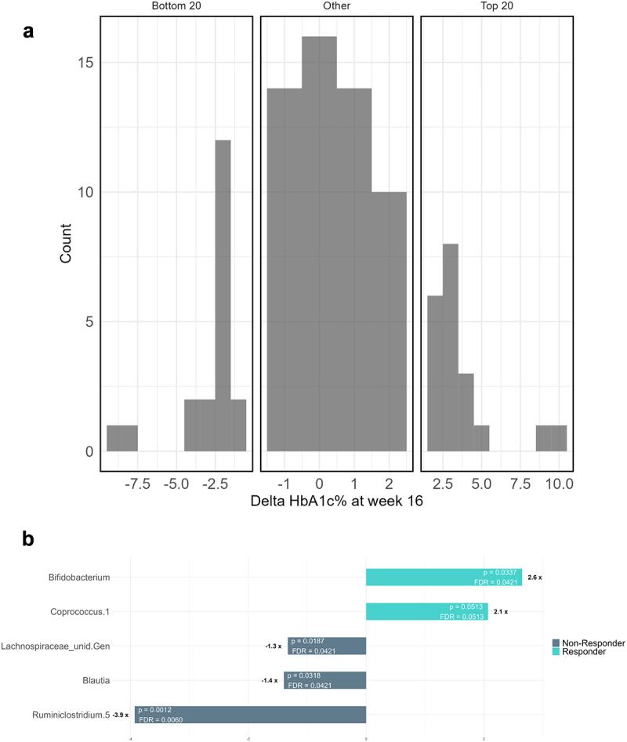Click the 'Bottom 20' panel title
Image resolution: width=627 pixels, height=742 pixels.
click(177, 6)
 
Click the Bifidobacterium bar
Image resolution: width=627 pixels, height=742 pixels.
click(444, 577)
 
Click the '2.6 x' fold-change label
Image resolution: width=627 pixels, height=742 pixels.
click(535, 577)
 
